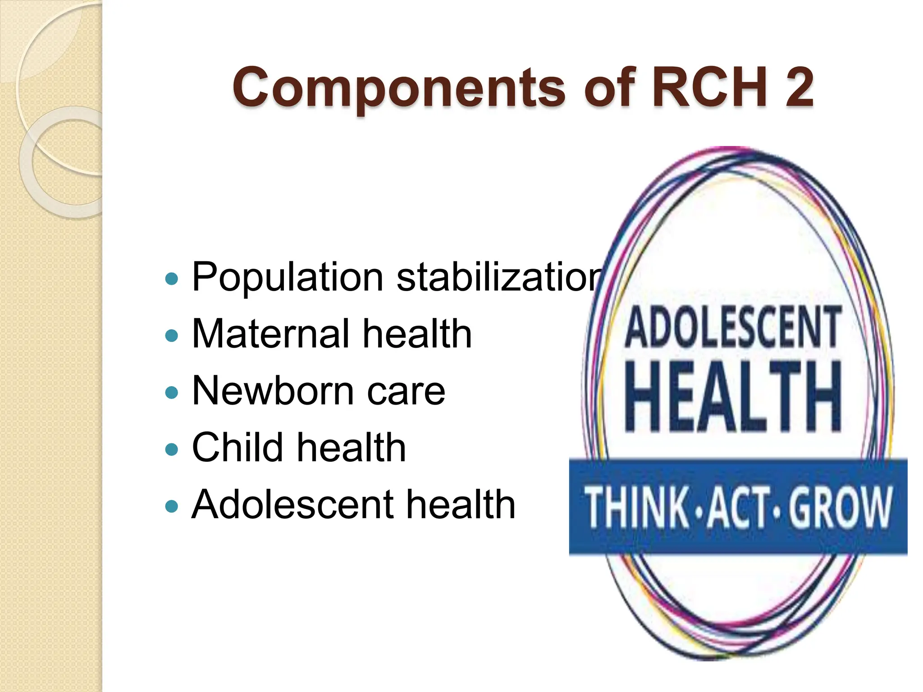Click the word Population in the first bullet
coord(288,277)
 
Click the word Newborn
coord(273,391)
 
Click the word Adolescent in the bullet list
coord(292,505)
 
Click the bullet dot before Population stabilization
coord(172,279)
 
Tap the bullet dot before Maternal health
coord(172,336)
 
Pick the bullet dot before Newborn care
coord(172,392)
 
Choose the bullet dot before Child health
coord(172,449)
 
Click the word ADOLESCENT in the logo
coord(733,327)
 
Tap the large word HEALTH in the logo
coord(733,396)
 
